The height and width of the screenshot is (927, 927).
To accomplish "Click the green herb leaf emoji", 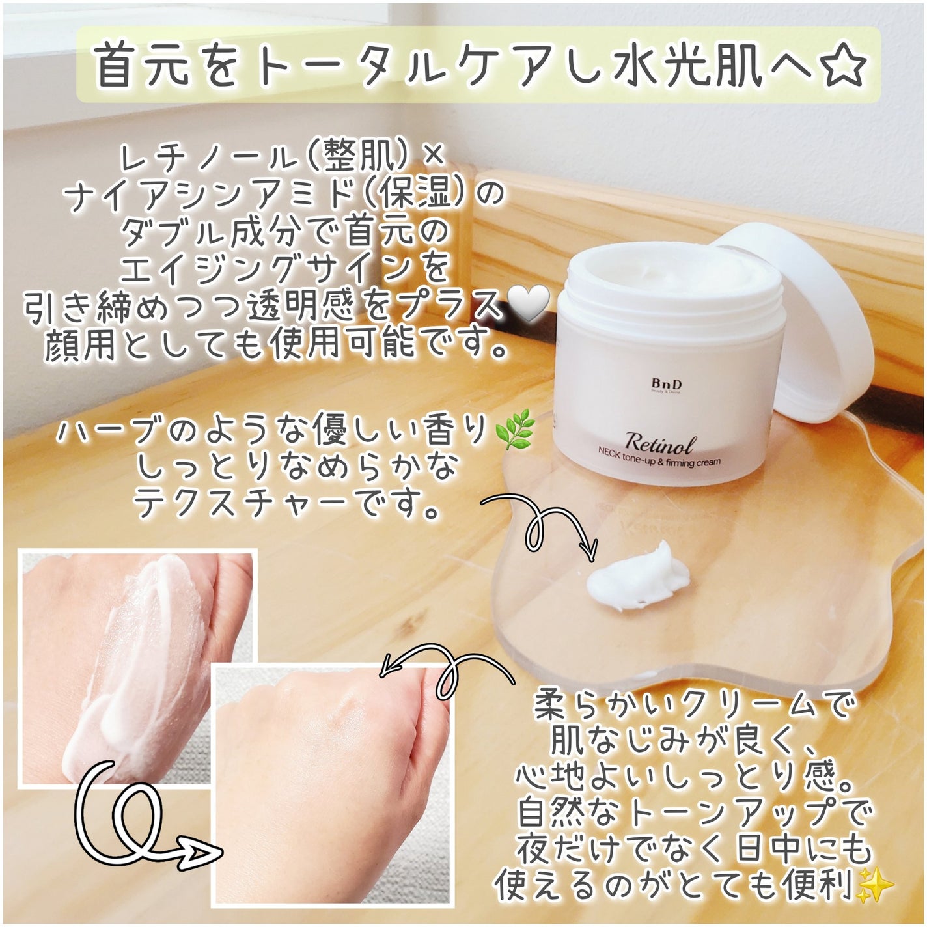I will coord(515,433).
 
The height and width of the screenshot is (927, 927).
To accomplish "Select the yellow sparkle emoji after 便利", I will coord(876,885).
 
